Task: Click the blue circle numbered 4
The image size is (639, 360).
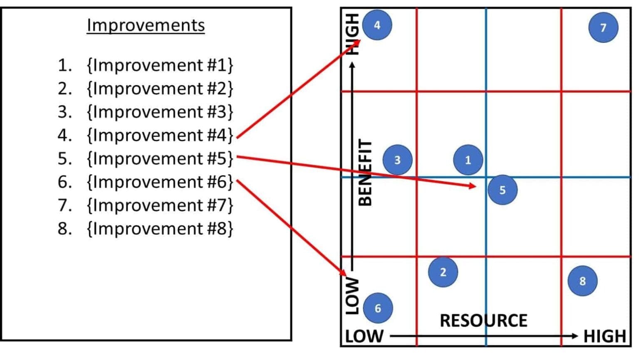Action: (377, 25)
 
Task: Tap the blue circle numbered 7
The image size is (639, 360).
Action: (603, 27)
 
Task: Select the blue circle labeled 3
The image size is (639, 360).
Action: (397, 160)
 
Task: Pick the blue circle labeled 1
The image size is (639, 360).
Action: (468, 160)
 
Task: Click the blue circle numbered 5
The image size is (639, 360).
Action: (503, 190)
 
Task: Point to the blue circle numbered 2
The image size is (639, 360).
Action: (443, 272)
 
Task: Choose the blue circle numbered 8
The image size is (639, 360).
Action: (582, 281)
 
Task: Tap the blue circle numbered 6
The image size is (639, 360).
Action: (378, 308)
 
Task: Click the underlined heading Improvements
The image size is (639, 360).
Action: (146, 25)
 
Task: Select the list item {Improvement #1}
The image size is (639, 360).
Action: (160, 65)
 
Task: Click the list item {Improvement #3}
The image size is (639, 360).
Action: (160, 112)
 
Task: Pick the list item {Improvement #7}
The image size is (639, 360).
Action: (160, 205)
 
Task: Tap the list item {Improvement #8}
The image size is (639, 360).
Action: (160, 228)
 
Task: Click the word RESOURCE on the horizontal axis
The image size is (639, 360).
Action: (483, 321)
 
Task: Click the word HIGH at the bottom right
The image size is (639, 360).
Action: (604, 336)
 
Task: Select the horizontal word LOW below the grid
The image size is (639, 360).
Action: (364, 336)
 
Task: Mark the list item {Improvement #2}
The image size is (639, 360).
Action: (160, 89)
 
